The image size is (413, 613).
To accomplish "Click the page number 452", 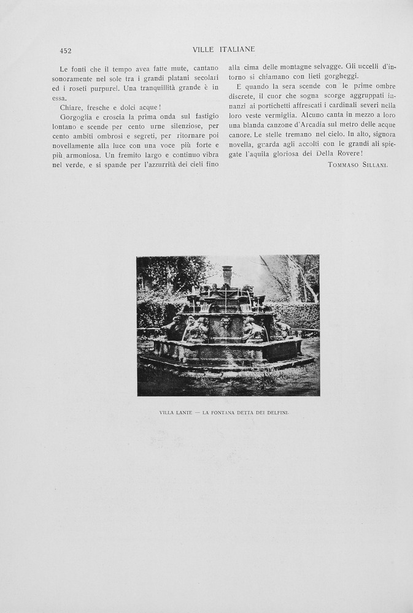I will click(x=65, y=51).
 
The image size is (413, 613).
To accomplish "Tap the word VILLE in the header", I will click(x=203, y=49).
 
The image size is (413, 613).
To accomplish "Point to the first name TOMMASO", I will click(x=342, y=165).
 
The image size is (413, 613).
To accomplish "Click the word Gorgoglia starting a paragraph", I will click(x=78, y=116).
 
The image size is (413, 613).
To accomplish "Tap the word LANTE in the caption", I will click(x=185, y=413).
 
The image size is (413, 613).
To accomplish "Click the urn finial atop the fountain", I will click(x=228, y=274).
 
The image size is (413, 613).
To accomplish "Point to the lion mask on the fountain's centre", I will click(x=226, y=322).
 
